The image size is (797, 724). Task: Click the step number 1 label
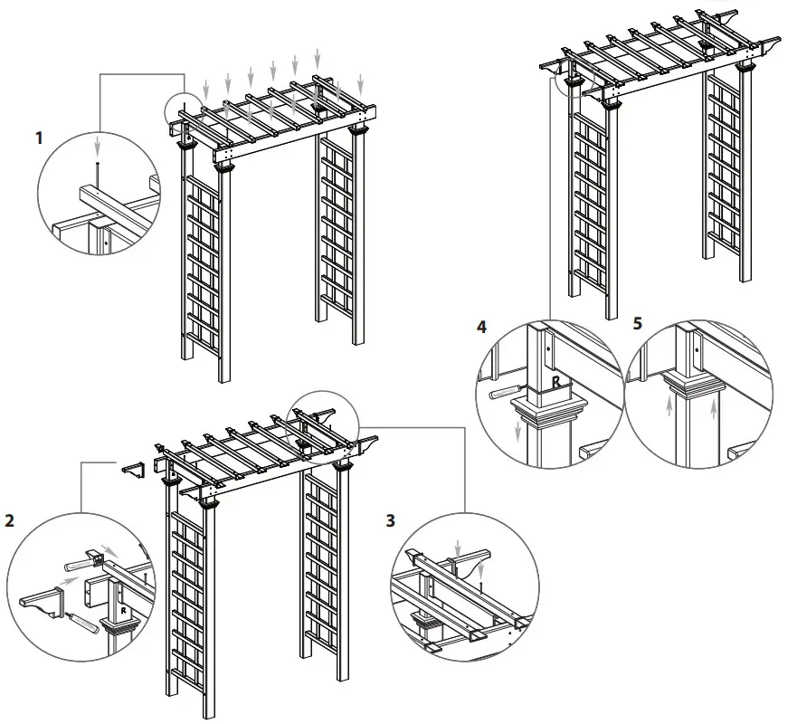click(x=38, y=138)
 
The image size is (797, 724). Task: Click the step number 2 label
click(x=10, y=521)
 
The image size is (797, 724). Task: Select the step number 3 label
click(x=390, y=521)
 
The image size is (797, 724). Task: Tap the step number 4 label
click(x=482, y=325)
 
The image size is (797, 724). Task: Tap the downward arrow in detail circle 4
click(x=518, y=433)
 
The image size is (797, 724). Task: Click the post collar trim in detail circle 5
click(x=695, y=390)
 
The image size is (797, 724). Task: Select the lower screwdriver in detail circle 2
click(x=89, y=623)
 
